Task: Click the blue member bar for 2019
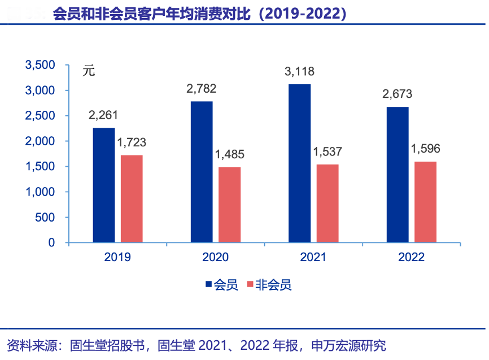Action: tap(104, 185)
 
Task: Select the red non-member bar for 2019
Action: tap(132, 199)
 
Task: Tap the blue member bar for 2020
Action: tap(202, 172)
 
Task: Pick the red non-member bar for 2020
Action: tap(229, 205)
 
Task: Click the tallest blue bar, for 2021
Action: tap(299, 164)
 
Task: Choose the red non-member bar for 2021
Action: tap(327, 203)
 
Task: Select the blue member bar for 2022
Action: tap(398, 175)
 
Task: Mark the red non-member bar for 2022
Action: tap(425, 202)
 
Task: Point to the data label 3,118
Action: tap(299, 72)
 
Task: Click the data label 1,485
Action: tap(229, 154)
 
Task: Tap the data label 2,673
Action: tap(398, 94)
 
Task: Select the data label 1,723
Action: tap(132, 142)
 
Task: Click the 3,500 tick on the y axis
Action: tap(40, 65)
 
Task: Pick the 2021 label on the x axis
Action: tap(313, 257)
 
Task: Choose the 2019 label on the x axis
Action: tap(117, 257)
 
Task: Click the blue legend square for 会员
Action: tap(208, 285)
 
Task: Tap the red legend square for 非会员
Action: tap(250, 285)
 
